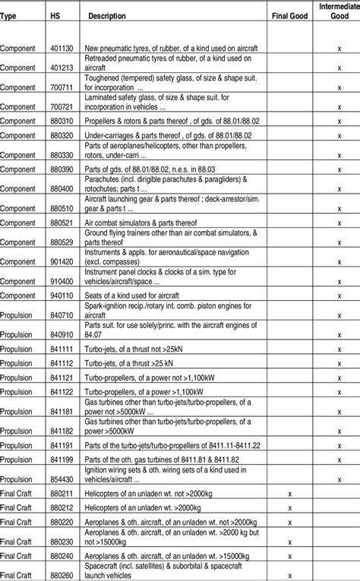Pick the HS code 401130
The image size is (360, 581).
[62, 48]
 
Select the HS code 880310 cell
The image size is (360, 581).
[62, 120]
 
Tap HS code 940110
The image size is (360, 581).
[62, 294]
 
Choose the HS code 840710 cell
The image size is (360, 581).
[62, 314]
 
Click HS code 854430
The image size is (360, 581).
[62, 479]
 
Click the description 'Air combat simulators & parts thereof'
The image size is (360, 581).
[142, 223]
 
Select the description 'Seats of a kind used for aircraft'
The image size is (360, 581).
[134, 294]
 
